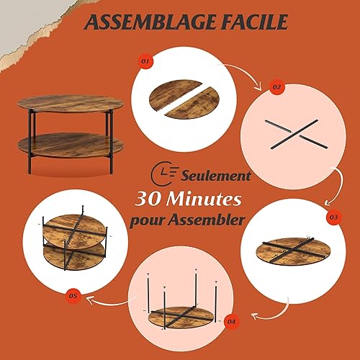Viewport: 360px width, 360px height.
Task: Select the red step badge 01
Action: click(x=145, y=61)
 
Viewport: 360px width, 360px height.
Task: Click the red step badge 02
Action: click(x=277, y=87)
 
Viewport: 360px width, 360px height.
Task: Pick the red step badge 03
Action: click(x=333, y=217)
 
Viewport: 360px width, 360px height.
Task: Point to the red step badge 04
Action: click(x=231, y=322)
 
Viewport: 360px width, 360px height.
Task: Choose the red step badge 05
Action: click(x=73, y=296)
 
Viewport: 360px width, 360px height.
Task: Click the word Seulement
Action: click(x=216, y=176)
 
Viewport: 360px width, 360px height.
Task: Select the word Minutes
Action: click(x=204, y=199)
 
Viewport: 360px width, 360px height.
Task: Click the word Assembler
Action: click(x=206, y=220)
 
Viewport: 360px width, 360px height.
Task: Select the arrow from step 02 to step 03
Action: click(x=339, y=186)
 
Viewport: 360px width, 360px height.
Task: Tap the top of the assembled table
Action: click(x=71, y=103)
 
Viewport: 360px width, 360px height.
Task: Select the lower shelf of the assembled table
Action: click(x=71, y=145)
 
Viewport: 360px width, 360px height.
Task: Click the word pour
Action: click(x=147, y=221)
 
